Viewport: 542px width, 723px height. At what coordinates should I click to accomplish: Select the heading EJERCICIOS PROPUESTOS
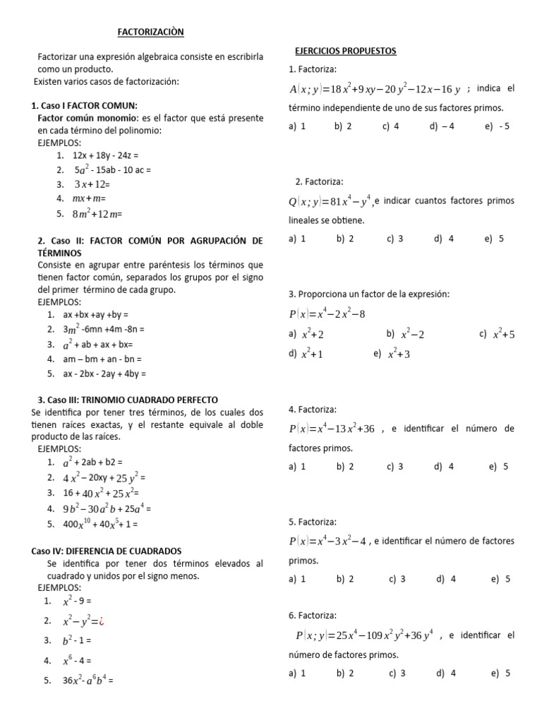point(345,51)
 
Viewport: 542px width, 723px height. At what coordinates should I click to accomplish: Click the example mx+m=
point(89,198)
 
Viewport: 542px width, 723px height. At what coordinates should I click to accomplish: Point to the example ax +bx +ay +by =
point(95,313)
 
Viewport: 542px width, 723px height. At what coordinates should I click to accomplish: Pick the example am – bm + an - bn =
point(103,359)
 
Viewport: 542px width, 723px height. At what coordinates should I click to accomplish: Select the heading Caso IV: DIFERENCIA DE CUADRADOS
point(107,551)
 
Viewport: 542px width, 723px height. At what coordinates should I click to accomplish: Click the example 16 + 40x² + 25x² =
point(101,493)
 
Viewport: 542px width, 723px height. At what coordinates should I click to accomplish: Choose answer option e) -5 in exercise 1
point(497,126)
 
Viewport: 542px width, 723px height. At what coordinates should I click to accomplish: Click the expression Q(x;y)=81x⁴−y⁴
point(330,202)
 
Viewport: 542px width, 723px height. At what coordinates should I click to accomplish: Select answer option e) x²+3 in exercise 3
point(392,354)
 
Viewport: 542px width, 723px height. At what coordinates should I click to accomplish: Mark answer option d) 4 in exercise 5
point(446,579)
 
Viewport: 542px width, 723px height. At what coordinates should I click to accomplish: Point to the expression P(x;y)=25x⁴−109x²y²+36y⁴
point(364,635)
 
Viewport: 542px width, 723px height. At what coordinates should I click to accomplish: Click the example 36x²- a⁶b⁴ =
point(88,681)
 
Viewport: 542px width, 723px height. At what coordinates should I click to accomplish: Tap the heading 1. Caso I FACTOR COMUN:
point(85,105)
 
